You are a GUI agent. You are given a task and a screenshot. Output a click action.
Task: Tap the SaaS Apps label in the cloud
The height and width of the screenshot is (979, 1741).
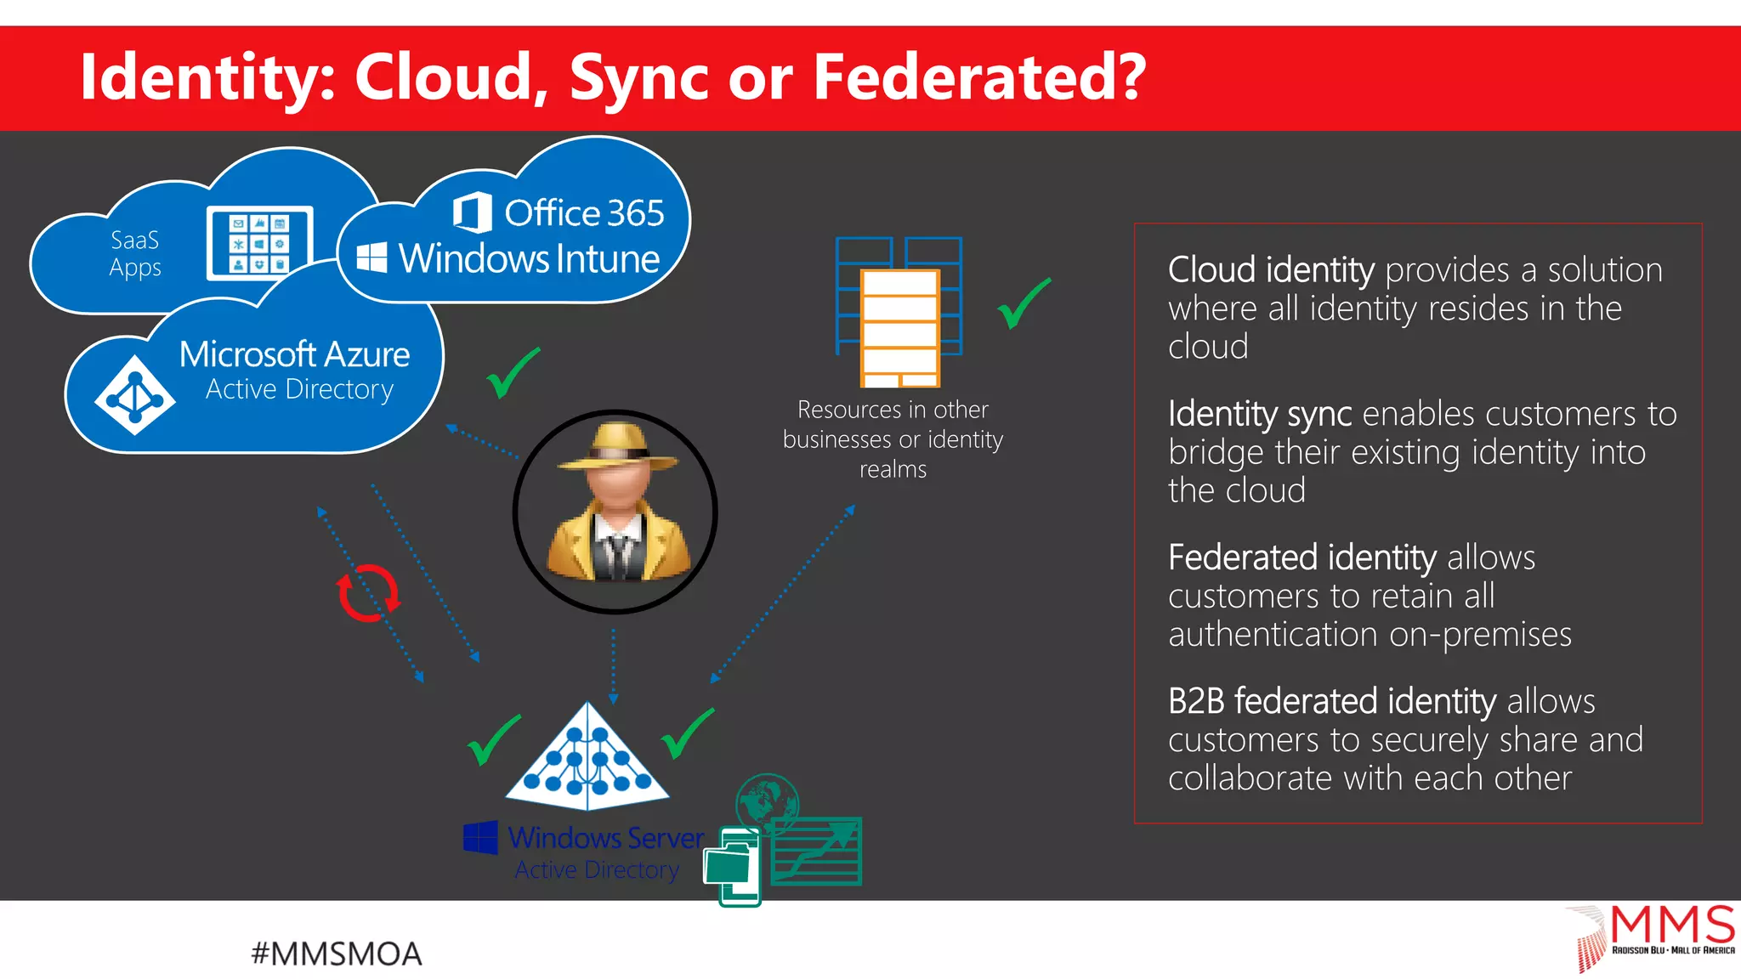tap(135, 253)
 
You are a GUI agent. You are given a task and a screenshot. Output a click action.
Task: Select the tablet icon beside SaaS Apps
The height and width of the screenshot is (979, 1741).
tap(259, 243)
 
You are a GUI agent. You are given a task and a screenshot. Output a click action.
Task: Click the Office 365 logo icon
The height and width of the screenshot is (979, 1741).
tap(472, 212)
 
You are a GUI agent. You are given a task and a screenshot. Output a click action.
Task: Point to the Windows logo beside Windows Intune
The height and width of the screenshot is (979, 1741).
tap(371, 257)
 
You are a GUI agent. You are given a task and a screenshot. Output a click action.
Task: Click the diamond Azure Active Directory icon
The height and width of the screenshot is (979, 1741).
tap(134, 395)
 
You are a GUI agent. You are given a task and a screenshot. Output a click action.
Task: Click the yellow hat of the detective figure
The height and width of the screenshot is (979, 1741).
tap(618, 446)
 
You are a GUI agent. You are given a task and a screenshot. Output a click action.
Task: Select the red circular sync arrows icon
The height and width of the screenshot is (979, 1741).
tap(368, 592)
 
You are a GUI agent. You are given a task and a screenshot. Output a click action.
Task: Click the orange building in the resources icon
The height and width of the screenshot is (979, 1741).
tap(899, 327)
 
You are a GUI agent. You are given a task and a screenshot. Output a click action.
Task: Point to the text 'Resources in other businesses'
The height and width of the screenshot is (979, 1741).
tap(893, 424)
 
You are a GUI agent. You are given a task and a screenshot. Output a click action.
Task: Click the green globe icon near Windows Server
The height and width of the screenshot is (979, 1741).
tap(767, 801)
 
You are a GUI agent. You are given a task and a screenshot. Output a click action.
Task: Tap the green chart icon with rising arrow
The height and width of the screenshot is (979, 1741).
tap(816, 852)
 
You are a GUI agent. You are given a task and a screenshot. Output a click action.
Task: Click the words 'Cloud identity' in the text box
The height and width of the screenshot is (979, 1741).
tap(1270, 270)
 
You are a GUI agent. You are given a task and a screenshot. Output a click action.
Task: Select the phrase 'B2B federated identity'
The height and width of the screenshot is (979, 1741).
tap(1331, 702)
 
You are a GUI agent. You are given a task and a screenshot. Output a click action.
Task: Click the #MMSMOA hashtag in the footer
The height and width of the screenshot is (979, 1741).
tap(337, 954)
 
